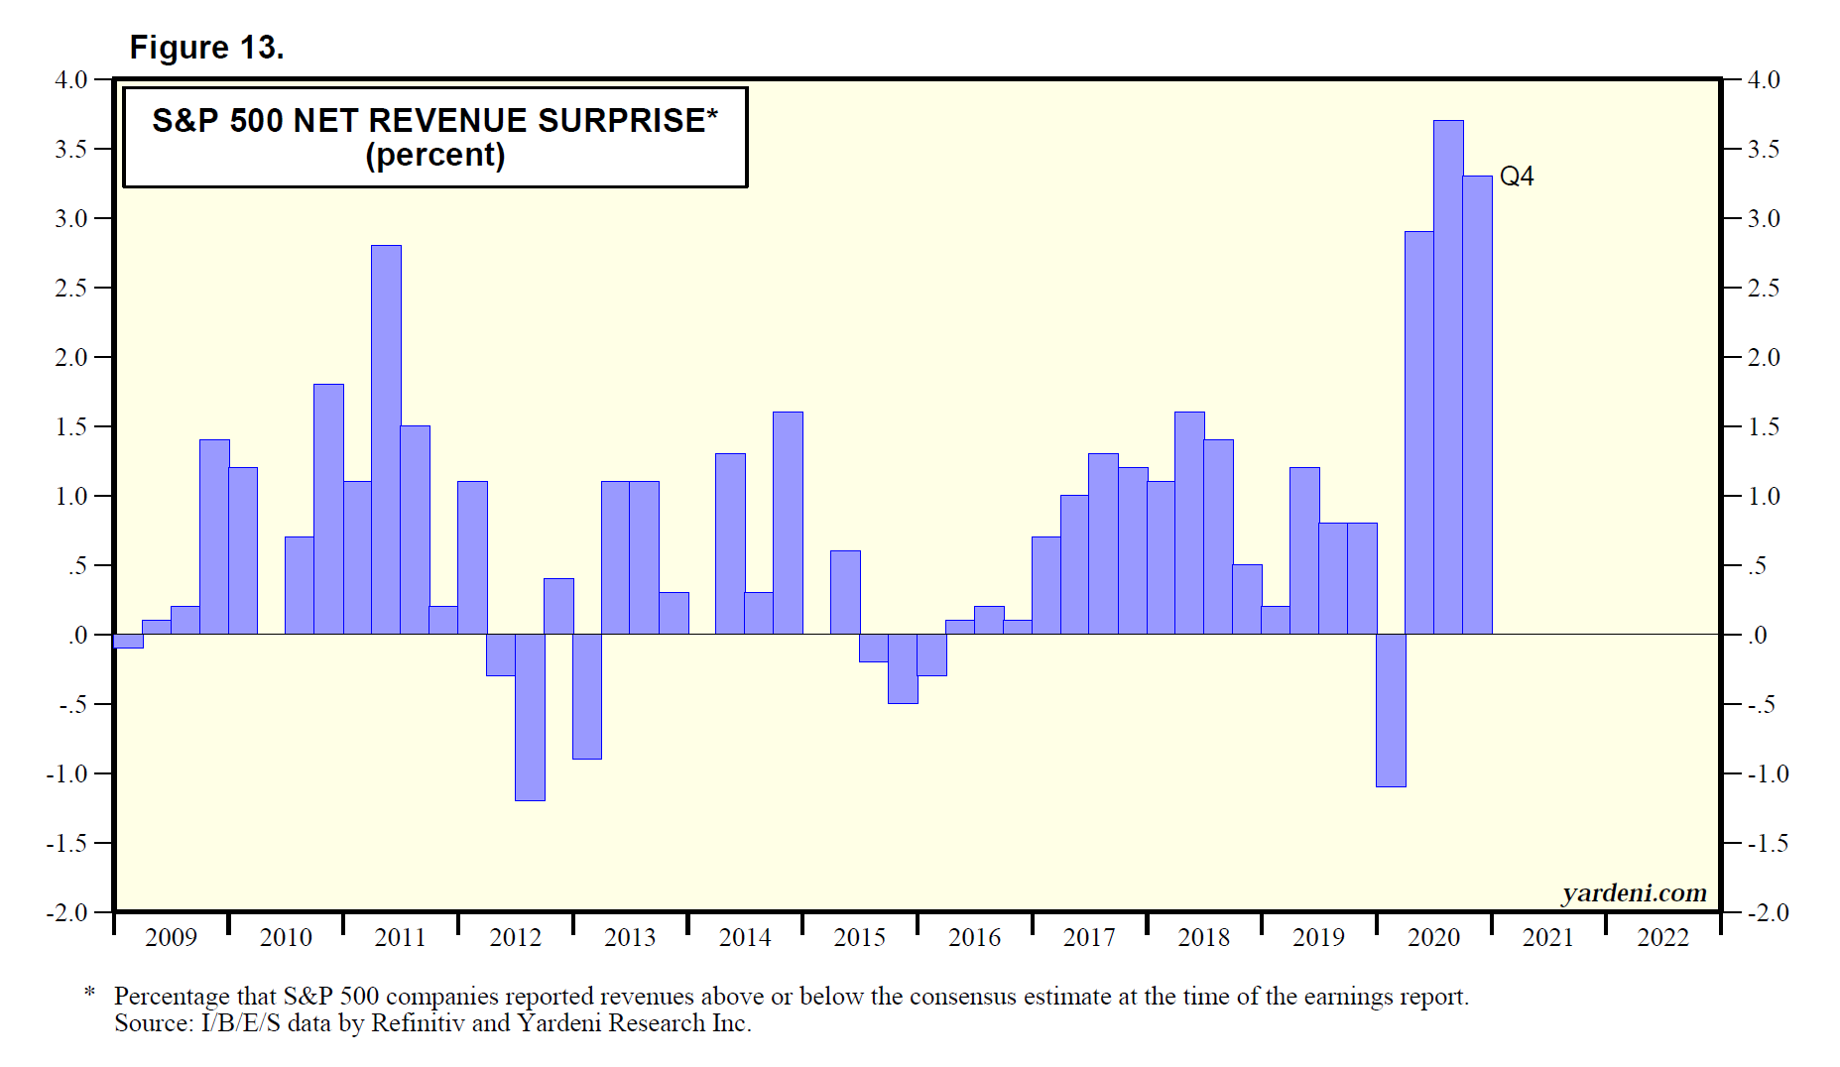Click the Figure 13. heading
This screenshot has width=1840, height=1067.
(x=206, y=48)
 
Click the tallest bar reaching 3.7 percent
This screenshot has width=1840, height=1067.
(x=1448, y=377)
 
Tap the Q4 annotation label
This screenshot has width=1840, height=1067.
(x=1517, y=177)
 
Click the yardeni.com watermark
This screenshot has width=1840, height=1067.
(x=1634, y=893)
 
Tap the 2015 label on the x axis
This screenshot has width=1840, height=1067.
(x=859, y=937)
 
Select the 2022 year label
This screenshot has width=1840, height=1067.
(x=1662, y=937)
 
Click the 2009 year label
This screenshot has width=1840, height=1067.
(x=171, y=937)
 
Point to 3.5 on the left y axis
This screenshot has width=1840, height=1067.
(x=71, y=149)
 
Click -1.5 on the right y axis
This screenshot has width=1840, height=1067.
(x=1768, y=843)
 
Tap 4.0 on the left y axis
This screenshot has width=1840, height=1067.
(x=71, y=79)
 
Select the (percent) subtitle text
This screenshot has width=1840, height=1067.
(x=434, y=156)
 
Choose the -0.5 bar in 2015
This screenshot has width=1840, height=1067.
(x=903, y=668)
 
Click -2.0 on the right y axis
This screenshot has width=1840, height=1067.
(x=1768, y=912)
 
